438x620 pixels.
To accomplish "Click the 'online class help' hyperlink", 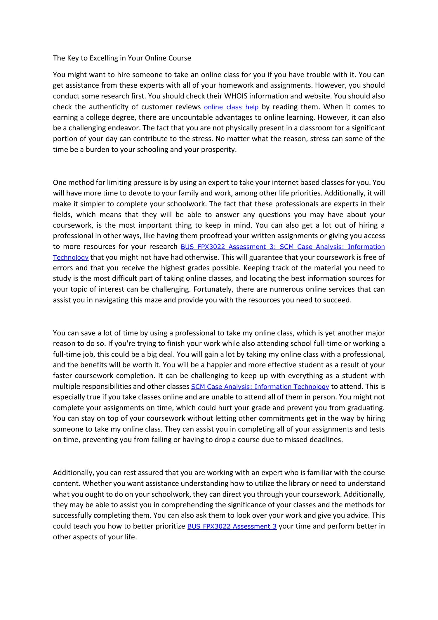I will (x=231, y=107).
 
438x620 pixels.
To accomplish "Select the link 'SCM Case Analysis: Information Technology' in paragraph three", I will (x=260, y=387).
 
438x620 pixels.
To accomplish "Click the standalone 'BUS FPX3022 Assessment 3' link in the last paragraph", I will (x=232, y=527).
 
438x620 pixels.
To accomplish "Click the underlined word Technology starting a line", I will (x=71, y=258).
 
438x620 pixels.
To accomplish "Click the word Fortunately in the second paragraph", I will (x=212, y=289).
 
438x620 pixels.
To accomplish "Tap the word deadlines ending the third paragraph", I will (x=325, y=440).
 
